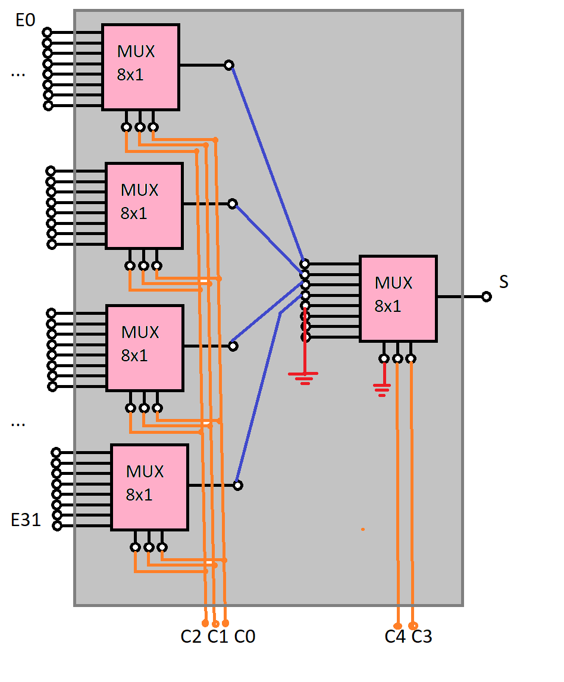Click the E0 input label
tap(26, 20)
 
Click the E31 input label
tap(26, 520)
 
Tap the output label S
tap(504, 282)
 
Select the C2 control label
tap(191, 637)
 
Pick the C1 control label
tap(218, 637)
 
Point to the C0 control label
tap(245, 637)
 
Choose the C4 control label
tap(395, 637)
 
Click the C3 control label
tap(422, 637)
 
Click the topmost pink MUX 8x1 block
tap(140, 67)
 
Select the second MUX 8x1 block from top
tap(144, 205)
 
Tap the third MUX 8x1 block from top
tap(145, 348)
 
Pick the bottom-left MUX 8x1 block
tap(149, 487)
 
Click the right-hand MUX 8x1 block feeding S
tap(398, 298)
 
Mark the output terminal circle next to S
tap(487, 296)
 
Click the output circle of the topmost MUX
tap(229, 65)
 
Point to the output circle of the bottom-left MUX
tap(238, 486)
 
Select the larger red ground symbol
tap(303, 376)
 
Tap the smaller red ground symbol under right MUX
tap(382, 390)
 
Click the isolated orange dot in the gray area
tap(362, 528)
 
